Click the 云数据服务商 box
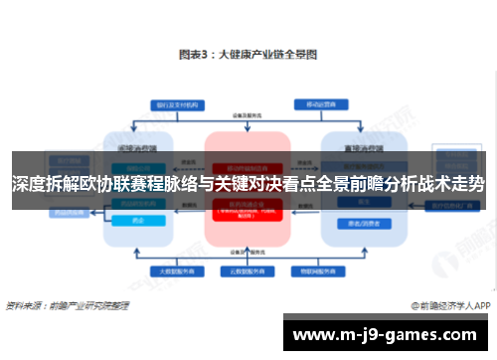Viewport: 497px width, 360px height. click(248, 270)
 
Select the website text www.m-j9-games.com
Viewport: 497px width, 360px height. click(389, 332)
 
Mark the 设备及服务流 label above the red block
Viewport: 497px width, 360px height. click(248, 116)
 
